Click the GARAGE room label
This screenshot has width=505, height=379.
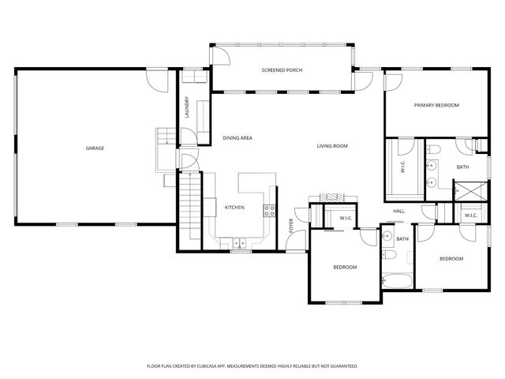pos(95,148)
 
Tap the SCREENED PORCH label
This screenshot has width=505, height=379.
pos(282,70)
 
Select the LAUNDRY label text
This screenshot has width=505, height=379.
pos(187,107)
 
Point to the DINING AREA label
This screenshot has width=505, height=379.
pos(237,138)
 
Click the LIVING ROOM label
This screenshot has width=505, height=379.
pos(332,146)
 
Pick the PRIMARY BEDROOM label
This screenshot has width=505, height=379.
pos(436,105)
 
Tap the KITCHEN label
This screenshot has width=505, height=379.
pos(234,208)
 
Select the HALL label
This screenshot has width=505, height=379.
pos(399,211)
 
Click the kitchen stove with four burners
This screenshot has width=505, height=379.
pos(269,210)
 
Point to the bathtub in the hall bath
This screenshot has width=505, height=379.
pos(395,280)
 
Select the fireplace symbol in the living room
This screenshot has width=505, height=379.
pos(332,197)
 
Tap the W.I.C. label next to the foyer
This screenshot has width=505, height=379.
pos(346,218)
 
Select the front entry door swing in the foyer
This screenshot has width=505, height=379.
pos(294,241)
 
